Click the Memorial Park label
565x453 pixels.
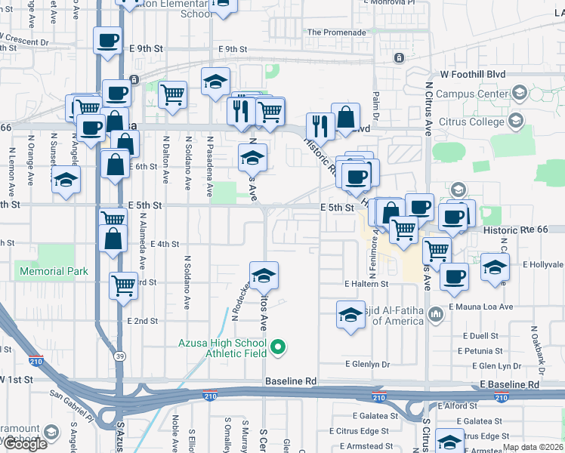click(54, 271)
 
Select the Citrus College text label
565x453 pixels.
click(471, 122)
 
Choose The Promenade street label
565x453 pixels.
click(337, 32)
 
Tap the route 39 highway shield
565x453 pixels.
click(119, 356)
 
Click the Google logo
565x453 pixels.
click(25, 444)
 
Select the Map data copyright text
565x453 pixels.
click(533, 447)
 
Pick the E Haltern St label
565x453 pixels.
click(366, 284)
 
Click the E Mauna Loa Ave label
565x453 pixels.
click(480, 307)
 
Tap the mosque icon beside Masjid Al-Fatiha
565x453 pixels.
click(435, 313)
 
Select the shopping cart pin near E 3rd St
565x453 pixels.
click(123, 285)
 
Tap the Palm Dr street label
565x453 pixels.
click(375, 99)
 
